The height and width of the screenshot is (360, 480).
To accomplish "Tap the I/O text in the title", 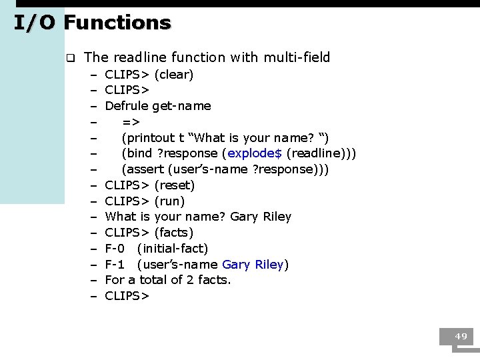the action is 36,23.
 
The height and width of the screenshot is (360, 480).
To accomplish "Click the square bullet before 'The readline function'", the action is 69,58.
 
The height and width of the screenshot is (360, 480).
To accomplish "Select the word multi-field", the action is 297,57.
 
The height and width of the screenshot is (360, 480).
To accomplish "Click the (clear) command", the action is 174,75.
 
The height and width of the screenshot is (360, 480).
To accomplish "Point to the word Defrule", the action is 127,105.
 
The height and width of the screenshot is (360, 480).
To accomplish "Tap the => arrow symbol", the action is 131,121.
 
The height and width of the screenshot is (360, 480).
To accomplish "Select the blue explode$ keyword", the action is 255,153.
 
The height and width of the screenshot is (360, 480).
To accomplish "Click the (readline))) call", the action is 321,153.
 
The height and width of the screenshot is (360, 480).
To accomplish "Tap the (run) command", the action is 169,201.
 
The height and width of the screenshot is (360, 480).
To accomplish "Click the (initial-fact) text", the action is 173,249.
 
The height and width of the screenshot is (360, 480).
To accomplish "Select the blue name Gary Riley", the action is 253,265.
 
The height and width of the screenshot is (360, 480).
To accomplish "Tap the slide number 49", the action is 461,337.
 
